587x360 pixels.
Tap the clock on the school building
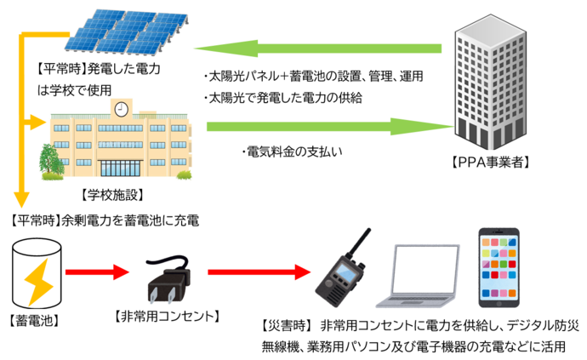coord(121,109)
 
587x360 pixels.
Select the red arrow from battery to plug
coord(96,273)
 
